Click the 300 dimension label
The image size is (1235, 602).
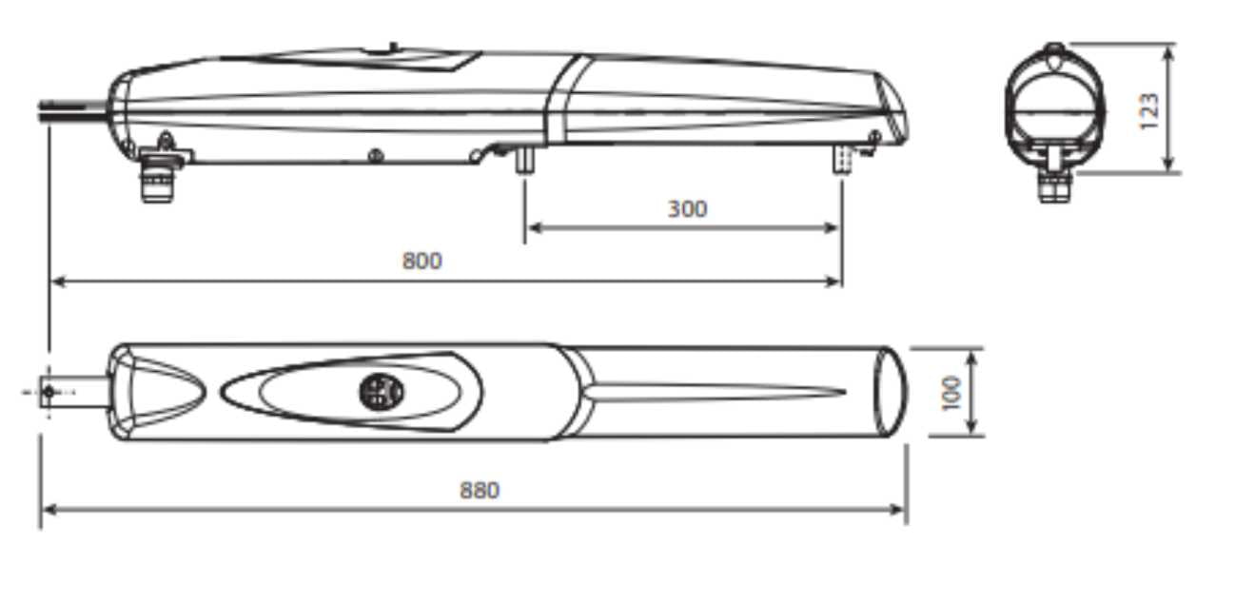pos(686,208)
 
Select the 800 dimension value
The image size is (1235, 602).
pos(421,261)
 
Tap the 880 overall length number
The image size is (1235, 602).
pos(480,490)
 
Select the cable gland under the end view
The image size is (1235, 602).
pos(1052,186)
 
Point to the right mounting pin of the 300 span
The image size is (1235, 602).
pos(842,159)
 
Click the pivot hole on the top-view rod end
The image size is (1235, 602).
pos(49,391)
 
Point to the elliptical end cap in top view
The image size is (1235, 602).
pos(891,391)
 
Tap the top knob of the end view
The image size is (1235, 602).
pos(1053,49)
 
